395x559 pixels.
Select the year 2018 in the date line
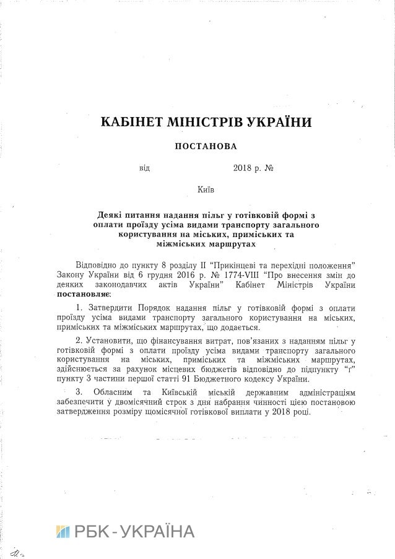click(x=244, y=168)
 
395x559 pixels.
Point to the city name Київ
click(x=197, y=189)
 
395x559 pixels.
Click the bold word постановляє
click(x=78, y=295)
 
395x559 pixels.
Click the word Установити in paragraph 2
click(x=107, y=340)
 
